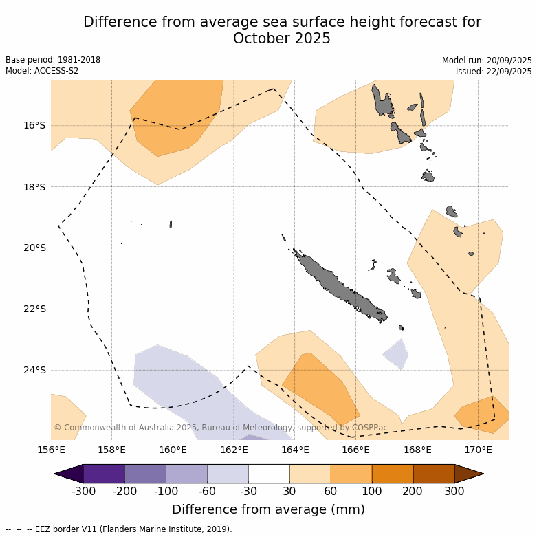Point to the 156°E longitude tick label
coord(51,450)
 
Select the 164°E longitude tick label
coord(295,450)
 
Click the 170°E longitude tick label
coord(478,450)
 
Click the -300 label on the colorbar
coord(83,491)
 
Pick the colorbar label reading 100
coord(372,491)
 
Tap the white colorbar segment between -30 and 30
coord(269,474)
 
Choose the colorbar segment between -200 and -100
coord(145,474)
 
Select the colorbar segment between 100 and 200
coord(393,474)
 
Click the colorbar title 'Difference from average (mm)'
coord(268,509)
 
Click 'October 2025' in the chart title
coord(282,39)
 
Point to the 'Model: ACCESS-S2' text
coord(42,71)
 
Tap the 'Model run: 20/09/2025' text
coord(487,61)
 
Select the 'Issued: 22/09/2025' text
coord(494,72)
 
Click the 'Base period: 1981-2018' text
coord(53,60)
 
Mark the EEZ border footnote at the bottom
coord(118,529)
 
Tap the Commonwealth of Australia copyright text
coord(220,428)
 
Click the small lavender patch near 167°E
coord(397,353)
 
